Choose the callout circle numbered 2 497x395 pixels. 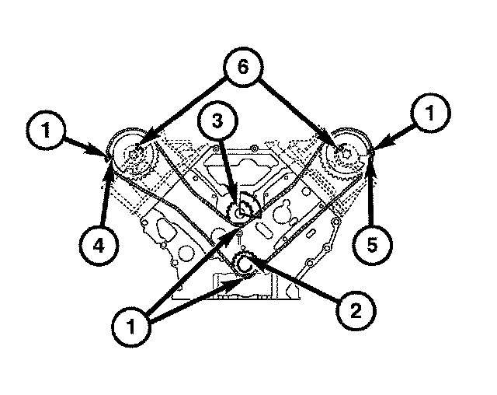353,311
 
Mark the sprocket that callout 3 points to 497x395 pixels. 245,208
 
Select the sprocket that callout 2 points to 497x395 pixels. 245,264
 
